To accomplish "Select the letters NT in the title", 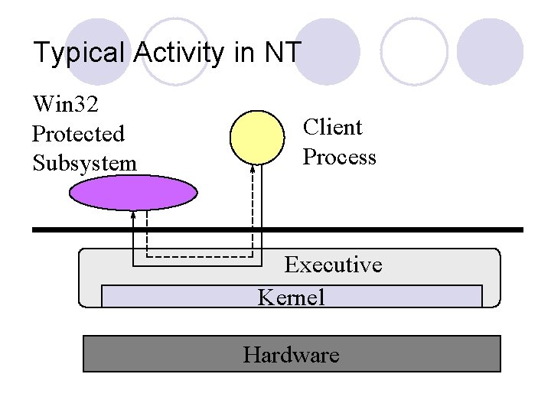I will pyautogui.click(x=283, y=54).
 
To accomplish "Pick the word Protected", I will pyautogui.click(x=78, y=133).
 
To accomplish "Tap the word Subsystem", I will pyautogui.click(x=84, y=163).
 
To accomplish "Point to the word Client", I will pyautogui.click(x=332, y=127).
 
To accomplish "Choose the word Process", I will pyautogui.click(x=339, y=158).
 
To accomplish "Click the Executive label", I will pyautogui.click(x=333, y=265).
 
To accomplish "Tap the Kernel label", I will pyautogui.click(x=291, y=297).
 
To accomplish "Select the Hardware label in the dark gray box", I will pyautogui.click(x=291, y=355).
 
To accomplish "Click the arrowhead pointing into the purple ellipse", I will pyautogui.click(x=133, y=214).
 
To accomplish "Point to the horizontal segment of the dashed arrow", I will pyautogui.click(x=199, y=257).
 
